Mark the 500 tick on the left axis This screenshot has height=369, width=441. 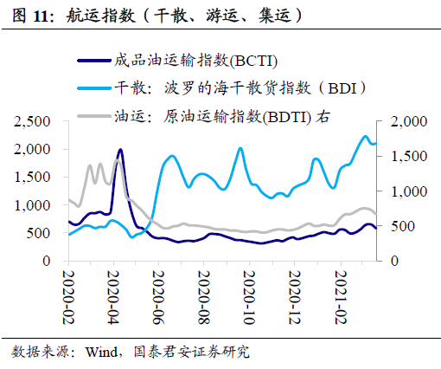point(42,233)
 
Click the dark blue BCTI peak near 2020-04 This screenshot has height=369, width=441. point(119,150)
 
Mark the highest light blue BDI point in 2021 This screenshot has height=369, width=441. point(363,136)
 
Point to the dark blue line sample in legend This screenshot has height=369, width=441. point(93,60)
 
